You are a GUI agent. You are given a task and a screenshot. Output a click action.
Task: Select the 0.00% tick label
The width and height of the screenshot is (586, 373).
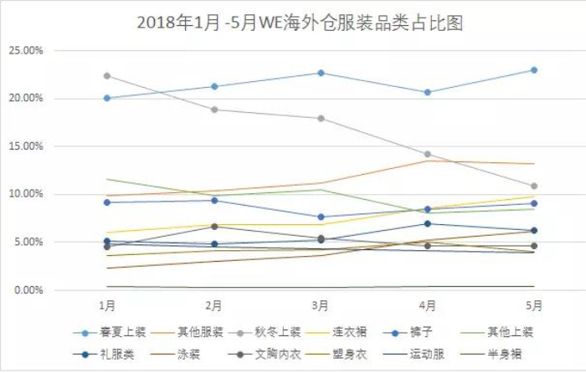[x=28, y=290]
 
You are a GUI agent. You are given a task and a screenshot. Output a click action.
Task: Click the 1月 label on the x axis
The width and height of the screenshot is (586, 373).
[x=107, y=306]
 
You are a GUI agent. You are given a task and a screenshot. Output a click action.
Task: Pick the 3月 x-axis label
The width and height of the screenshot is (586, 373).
[x=321, y=306]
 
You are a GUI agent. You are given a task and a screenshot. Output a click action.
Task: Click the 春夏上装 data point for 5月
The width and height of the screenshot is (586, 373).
[x=534, y=70]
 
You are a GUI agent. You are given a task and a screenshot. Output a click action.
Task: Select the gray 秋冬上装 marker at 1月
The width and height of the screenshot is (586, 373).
[x=107, y=76]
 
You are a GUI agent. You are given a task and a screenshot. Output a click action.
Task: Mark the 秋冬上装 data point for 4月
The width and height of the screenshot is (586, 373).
[x=428, y=155]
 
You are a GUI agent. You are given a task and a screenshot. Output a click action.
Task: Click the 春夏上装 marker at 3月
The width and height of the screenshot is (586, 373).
[x=321, y=73]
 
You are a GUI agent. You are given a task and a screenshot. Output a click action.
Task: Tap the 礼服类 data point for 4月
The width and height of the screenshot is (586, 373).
[x=428, y=223]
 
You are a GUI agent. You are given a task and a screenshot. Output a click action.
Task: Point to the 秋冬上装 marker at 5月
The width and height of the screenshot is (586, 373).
[x=534, y=186]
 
